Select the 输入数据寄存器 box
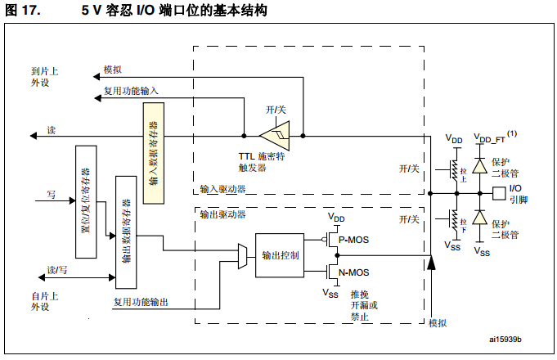(x=154, y=153)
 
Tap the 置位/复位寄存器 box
(x=86, y=201)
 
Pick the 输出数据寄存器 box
(x=126, y=232)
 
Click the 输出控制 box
(x=280, y=255)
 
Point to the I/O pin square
(x=499, y=193)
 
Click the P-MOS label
(x=353, y=240)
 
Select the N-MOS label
(x=354, y=272)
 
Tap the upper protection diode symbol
(x=479, y=165)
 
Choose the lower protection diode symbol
(x=479, y=217)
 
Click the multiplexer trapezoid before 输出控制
(x=242, y=256)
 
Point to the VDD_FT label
(x=489, y=138)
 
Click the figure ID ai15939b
(x=505, y=340)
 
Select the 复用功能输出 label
(x=141, y=302)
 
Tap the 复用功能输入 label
(x=131, y=91)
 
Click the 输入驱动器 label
(x=222, y=189)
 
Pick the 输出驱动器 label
(x=222, y=214)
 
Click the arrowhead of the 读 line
(x=33, y=136)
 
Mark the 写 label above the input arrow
(x=52, y=195)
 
